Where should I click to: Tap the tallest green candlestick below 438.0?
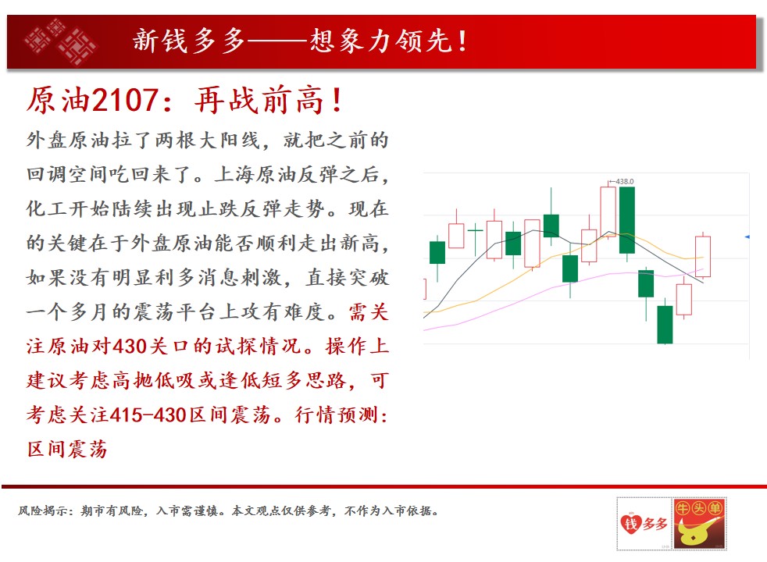(627, 220)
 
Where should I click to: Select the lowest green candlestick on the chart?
(665, 325)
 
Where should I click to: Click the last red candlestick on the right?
(703, 257)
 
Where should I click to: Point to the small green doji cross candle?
(475, 239)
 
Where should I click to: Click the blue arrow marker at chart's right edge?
(747, 237)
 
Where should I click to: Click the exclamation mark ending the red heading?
(337, 101)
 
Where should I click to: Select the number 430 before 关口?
(130, 347)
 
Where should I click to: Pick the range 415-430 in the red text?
(148, 415)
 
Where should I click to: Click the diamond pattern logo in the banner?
(61, 42)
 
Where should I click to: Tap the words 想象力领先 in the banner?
(380, 41)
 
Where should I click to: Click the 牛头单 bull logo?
(700, 524)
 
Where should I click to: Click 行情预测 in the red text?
(337, 415)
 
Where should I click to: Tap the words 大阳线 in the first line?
(230, 140)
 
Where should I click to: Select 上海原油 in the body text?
(255, 175)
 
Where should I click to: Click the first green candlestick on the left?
(437, 253)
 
